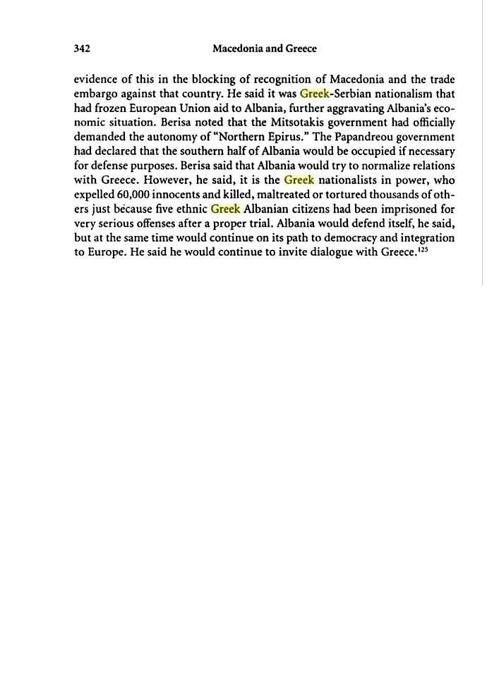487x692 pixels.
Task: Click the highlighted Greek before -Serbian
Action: pos(315,93)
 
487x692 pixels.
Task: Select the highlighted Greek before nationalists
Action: pos(299,180)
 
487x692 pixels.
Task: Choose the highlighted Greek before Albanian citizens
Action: pos(226,209)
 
